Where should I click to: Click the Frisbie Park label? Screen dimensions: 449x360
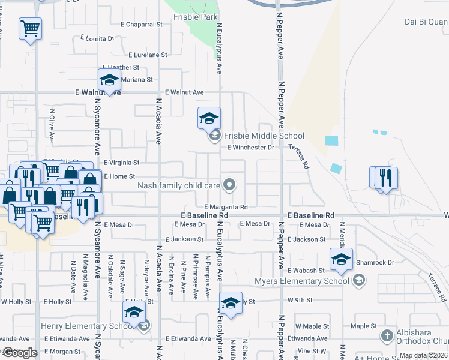tap(196, 17)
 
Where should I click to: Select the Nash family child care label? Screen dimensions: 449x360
tap(178, 186)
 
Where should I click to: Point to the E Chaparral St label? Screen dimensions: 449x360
tap(142, 25)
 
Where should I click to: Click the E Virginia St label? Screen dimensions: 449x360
tap(121, 163)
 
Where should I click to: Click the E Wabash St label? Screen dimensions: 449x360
tap(306, 271)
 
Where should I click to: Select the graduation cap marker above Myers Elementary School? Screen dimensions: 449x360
tap(341, 260)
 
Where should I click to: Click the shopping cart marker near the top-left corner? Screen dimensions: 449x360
tap(30, 28)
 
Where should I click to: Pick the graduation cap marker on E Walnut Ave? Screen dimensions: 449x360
tap(109, 79)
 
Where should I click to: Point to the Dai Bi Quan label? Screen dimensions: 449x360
tap(426, 22)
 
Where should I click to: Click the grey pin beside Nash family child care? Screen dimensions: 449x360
tap(229, 185)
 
